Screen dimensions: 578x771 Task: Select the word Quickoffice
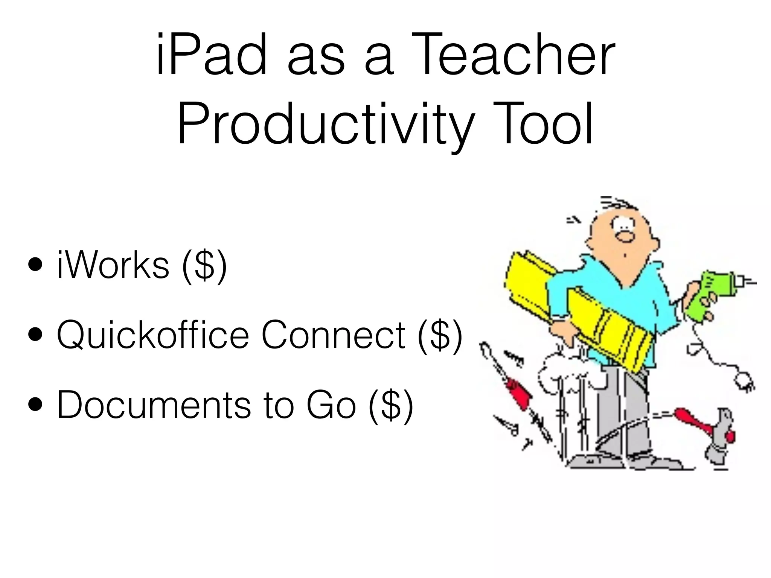click(153, 335)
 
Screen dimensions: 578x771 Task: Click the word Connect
click(334, 335)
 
